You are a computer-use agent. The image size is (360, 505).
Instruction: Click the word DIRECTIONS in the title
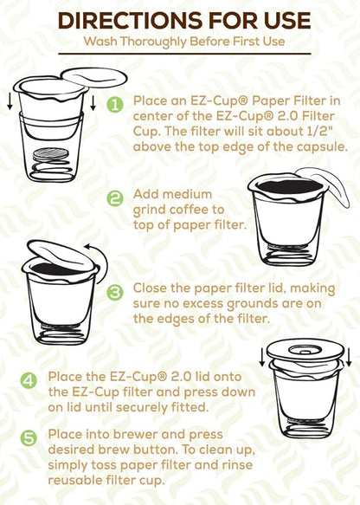click(x=122, y=21)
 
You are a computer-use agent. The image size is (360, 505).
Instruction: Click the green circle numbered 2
click(x=114, y=197)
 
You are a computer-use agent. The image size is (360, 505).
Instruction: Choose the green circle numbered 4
click(x=29, y=379)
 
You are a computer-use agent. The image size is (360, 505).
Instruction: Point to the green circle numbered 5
click(x=29, y=438)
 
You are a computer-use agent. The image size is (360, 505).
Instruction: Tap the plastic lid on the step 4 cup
click(x=297, y=351)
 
